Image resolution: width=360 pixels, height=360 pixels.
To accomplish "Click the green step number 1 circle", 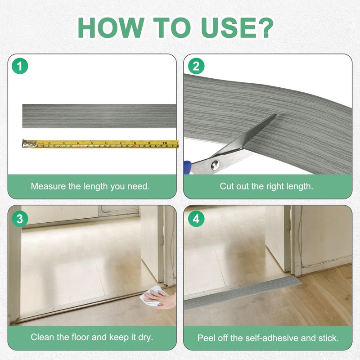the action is (x=20, y=66).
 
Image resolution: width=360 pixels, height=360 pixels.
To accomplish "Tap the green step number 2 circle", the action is (x=196, y=66).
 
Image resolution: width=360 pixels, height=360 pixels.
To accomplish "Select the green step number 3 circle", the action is (x=20, y=219).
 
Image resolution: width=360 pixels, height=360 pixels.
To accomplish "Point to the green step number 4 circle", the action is (x=196, y=219).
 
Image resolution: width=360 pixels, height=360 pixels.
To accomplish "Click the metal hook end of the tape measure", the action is (x=28, y=143).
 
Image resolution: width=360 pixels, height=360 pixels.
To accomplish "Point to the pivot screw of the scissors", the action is (x=215, y=165).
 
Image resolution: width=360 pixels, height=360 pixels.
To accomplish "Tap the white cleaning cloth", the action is (x=152, y=296).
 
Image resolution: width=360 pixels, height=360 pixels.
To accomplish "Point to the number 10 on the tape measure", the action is (x=165, y=143).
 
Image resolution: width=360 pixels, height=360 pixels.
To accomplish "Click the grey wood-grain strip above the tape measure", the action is (x=99, y=116).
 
